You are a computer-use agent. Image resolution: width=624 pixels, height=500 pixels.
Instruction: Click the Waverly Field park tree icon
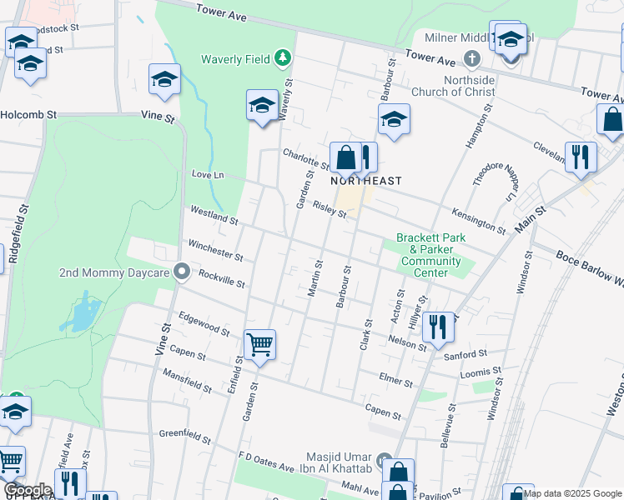click(x=284, y=57)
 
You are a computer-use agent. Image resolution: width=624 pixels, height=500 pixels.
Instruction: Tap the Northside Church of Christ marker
click(x=472, y=58)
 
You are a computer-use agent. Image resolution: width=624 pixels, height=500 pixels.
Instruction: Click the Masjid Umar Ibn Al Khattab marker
click(x=384, y=459)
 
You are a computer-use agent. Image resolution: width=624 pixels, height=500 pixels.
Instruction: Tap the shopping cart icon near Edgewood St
click(x=259, y=343)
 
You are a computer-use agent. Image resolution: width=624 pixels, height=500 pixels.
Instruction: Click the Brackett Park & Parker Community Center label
click(x=430, y=255)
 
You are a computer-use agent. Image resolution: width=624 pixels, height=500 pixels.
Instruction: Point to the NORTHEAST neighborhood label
click(x=366, y=181)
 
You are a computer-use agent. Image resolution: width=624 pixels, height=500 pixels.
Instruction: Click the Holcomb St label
click(x=28, y=114)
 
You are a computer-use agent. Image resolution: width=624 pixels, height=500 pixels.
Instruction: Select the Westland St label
click(x=214, y=217)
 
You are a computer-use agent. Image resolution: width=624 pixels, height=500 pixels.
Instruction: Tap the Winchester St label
click(x=215, y=250)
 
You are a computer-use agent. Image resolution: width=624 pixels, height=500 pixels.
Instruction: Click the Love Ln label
click(x=209, y=175)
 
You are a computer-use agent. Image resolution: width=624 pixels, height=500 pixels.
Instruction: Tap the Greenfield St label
click(x=183, y=434)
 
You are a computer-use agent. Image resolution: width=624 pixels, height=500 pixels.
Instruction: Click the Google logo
click(x=28, y=490)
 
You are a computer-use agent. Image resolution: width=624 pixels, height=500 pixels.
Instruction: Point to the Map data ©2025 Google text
click(x=573, y=493)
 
